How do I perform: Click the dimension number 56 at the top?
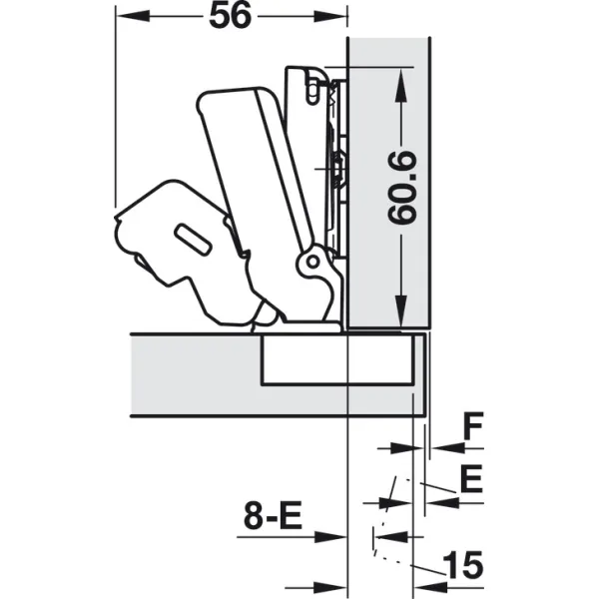click(x=231, y=16)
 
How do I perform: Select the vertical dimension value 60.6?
click(x=401, y=188)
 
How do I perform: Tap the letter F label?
click(x=473, y=426)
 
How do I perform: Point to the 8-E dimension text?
click(x=273, y=515)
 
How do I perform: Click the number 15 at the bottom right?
click(x=462, y=565)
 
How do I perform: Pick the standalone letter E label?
click(x=472, y=479)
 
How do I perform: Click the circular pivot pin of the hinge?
click(x=312, y=262)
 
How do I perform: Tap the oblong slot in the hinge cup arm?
click(x=192, y=240)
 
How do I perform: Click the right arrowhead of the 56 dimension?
click(x=330, y=16)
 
